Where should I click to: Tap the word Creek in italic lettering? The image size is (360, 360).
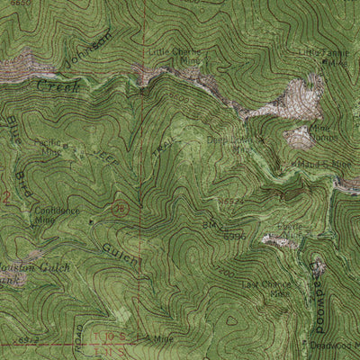coord(58,87)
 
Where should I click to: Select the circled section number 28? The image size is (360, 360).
coord(121,209)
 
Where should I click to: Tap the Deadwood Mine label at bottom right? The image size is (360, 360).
coord(334,345)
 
